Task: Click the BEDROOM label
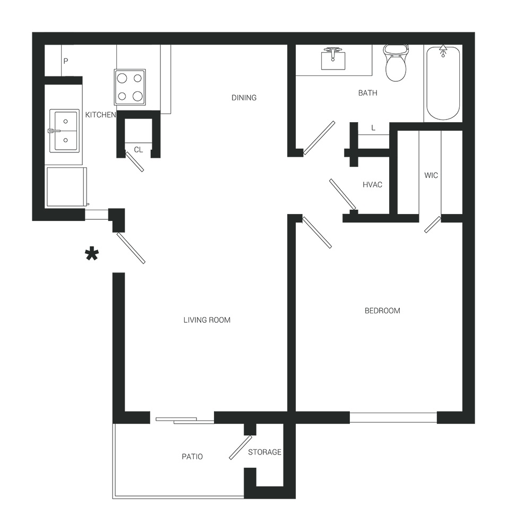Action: point(382,311)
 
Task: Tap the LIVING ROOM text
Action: point(207,320)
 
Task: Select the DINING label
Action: point(244,98)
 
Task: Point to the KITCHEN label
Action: point(100,115)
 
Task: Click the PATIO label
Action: point(192,457)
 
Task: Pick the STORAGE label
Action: point(264,452)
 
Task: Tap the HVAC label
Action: point(373,185)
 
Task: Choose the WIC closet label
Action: point(431,175)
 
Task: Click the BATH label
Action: point(368,93)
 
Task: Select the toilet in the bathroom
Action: point(396,63)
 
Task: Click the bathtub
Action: point(443,83)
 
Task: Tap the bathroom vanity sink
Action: point(333,59)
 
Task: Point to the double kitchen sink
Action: point(64,131)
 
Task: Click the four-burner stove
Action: point(130,88)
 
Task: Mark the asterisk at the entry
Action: point(92,254)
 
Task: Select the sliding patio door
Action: point(185,421)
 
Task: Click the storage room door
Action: point(240,447)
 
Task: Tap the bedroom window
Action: point(393,417)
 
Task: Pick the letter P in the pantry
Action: point(66,61)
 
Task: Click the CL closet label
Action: point(138,150)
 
